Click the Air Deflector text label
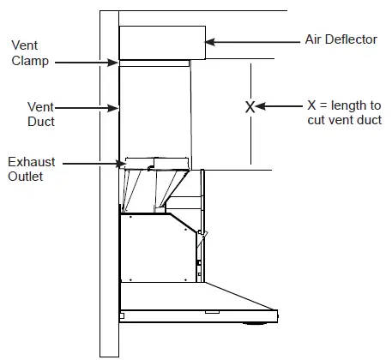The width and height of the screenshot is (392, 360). tap(341, 40)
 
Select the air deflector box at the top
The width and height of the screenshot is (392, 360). tap(161, 42)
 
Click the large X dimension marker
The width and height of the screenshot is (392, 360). tap(250, 107)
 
